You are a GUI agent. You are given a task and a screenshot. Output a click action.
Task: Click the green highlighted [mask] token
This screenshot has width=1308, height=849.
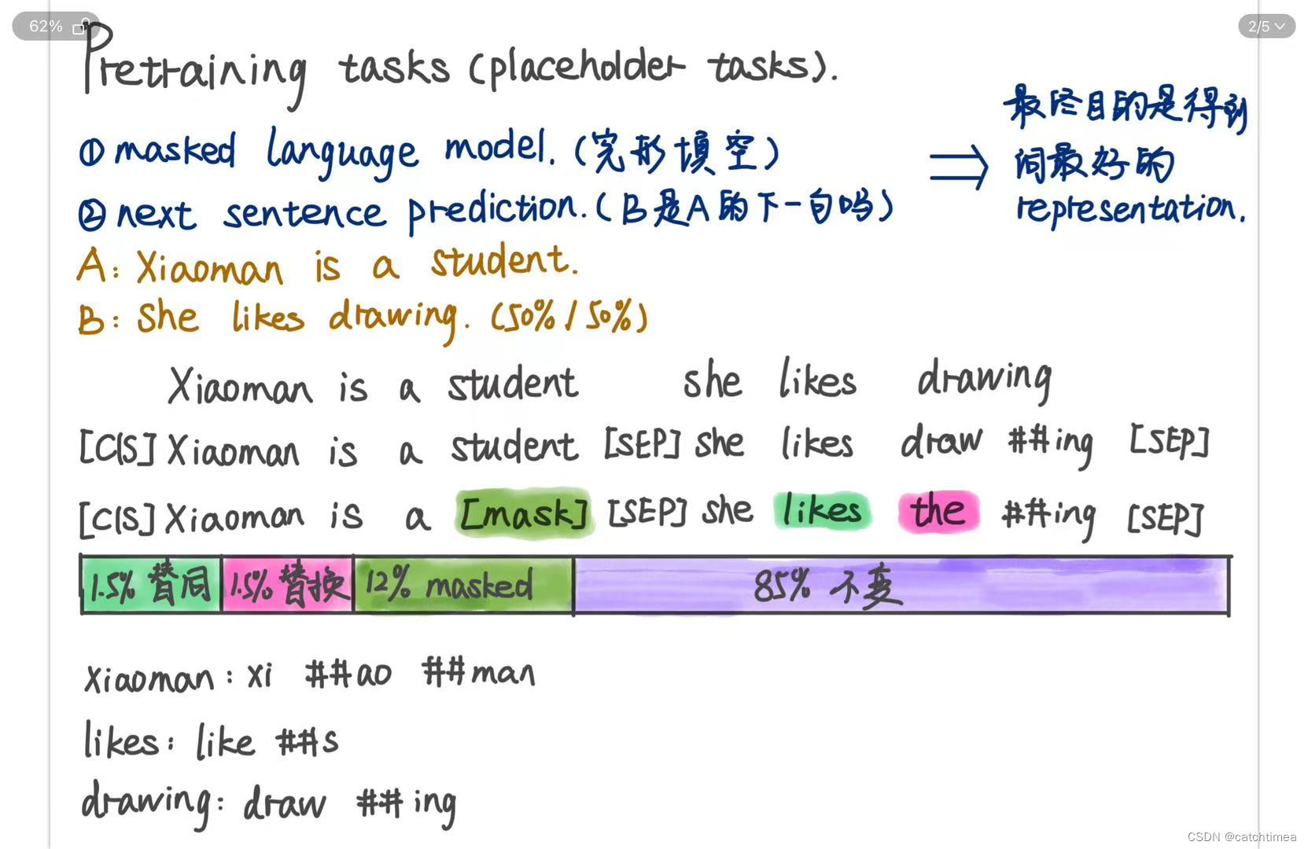click(x=523, y=513)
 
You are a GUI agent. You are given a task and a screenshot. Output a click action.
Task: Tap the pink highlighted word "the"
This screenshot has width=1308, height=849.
click(x=938, y=511)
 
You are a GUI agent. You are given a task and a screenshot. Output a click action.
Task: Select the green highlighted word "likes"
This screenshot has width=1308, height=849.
click(x=822, y=511)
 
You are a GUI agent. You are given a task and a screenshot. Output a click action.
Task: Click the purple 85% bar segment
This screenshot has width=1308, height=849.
click(x=901, y=586)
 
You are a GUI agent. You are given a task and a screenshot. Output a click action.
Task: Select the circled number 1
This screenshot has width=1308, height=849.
click(x=91, y=153)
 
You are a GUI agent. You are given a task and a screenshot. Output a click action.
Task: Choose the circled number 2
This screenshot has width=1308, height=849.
click(x=92, y=215)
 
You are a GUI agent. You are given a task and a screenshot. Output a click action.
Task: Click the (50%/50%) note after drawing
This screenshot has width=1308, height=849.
click(x=569, y=317)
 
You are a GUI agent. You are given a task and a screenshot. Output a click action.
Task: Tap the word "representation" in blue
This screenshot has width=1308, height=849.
click(x=1130, y=208)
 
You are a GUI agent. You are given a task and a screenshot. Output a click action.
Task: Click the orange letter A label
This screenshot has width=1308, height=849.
click(x=92, y=266)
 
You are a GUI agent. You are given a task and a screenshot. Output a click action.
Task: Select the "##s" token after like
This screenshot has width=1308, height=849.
click(x=308, y=741)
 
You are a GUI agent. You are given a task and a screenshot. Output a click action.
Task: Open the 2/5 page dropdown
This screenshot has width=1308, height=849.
click(x=1266, y=26)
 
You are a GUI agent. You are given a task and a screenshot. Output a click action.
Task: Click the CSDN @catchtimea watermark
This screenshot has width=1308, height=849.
click(x=1241, y=836)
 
